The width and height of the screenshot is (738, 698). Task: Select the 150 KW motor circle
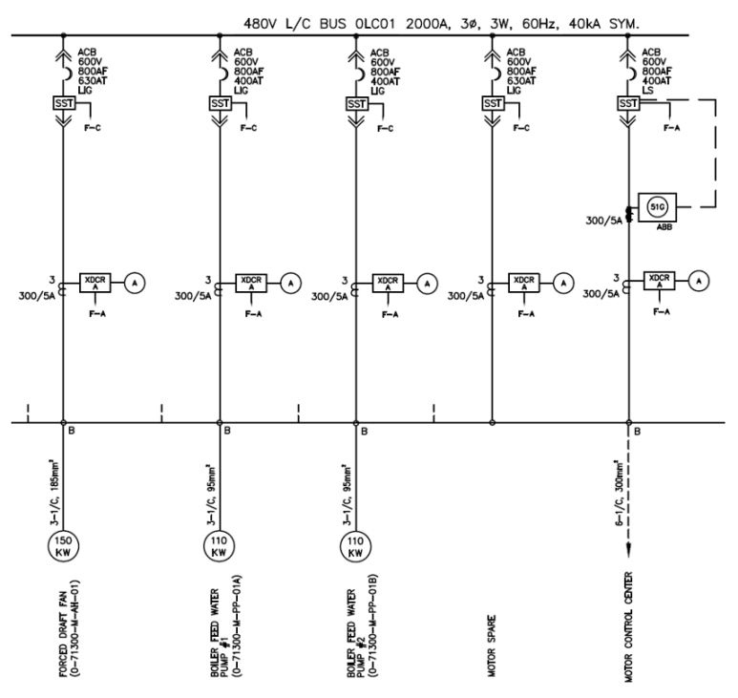tap(63, 546)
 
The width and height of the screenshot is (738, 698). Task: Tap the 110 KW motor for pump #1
tap(219, 546)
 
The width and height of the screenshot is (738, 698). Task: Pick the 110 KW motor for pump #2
tap(355, 546)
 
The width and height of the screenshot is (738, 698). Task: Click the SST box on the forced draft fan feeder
tap(62, 103)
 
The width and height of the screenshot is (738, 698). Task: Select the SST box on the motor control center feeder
tap(628, 103)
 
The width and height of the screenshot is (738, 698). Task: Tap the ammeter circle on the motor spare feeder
tap(564, 282)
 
